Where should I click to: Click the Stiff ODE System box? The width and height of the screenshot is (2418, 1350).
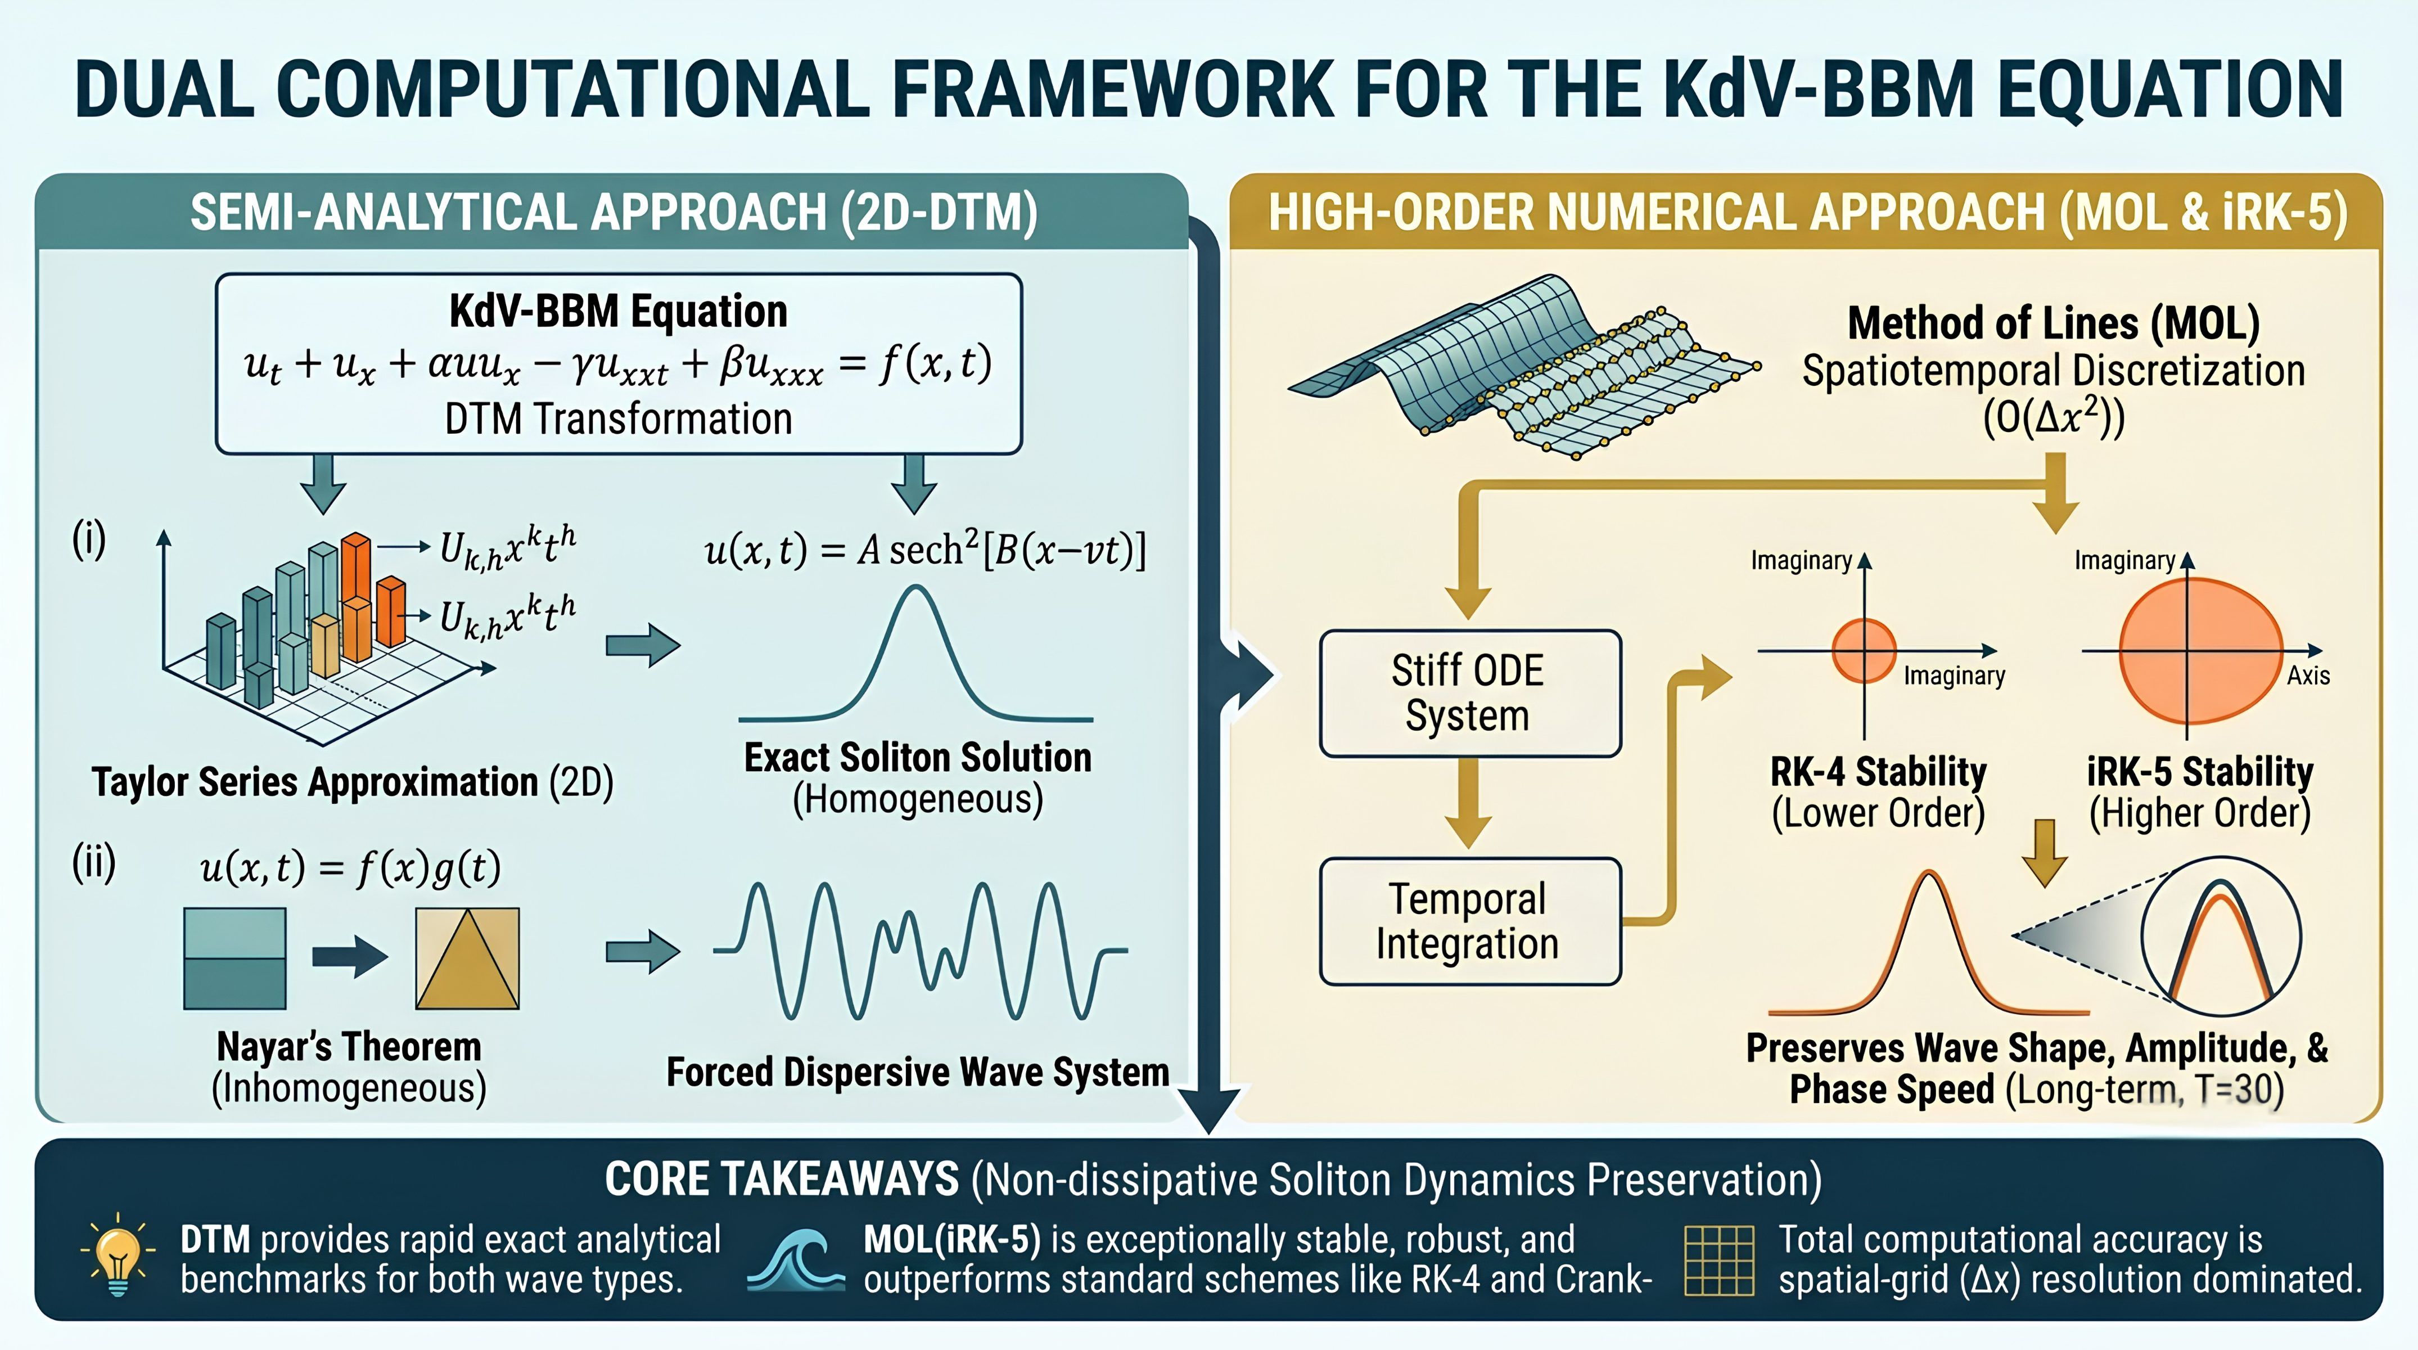(x=1470, y=694)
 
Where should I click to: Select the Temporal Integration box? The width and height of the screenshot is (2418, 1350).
(x=1470, y=921)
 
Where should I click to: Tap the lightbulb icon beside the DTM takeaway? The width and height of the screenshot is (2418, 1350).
(x=118, y=1255)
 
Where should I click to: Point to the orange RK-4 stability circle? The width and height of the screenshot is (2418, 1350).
(x=1864, y=651)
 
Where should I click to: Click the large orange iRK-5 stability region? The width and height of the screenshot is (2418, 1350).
(x=2200, y=651)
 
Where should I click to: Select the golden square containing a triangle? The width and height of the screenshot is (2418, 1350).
(x=467, y=958)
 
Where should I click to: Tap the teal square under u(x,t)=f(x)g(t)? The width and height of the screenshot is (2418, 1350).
(x=234, y=958)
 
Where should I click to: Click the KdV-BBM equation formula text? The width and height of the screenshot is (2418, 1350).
(x=617, y=364)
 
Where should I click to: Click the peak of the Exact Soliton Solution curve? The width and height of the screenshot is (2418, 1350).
(x=915, y=588)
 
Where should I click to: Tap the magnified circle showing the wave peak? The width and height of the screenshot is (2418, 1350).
(x=2221, y=936)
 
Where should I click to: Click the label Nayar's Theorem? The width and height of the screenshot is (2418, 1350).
(x=349, y=1047)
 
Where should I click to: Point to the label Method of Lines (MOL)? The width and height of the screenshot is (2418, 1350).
(x=2054, y=323)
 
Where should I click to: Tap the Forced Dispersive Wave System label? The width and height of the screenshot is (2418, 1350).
(x=918, y=1071)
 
